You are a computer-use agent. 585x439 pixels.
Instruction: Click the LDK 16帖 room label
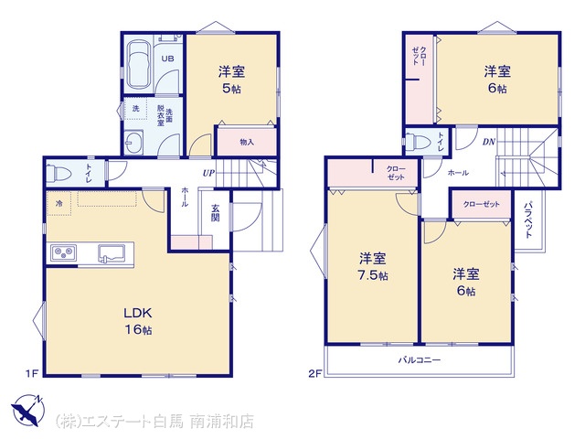tap(138, 321)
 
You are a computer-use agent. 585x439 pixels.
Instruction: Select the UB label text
tap(167, 59)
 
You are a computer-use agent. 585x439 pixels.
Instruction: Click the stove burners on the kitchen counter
tap(63, 253)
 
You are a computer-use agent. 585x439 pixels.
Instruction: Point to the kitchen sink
tap(112, 253)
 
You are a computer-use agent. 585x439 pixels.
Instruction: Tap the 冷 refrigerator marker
tap(59, 203)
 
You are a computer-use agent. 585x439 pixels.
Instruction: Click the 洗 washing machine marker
tap(136, 108)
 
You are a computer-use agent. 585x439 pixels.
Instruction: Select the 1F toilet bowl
tap(59, 173)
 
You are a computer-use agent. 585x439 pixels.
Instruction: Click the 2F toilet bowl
tap(416, 142)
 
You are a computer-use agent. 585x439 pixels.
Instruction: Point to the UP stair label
tap(208, 173)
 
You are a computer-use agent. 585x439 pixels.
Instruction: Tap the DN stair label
tap(489, 142)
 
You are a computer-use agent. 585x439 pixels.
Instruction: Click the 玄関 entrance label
tap(216, 213)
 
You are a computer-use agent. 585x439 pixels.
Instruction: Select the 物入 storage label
tap(247, 142)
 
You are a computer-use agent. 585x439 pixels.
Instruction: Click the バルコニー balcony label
tap(420, 360)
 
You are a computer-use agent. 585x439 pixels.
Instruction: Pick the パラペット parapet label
tap(528, 219)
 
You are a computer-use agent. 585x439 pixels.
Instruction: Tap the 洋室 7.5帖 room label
tap(373, 266)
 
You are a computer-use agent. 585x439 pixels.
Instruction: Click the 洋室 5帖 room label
tap(231, 80)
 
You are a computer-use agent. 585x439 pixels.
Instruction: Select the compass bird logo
tap(27, 410)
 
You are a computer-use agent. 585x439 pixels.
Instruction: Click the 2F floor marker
tap(314, 373)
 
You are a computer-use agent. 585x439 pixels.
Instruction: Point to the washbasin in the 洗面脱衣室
tap(133, 143)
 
